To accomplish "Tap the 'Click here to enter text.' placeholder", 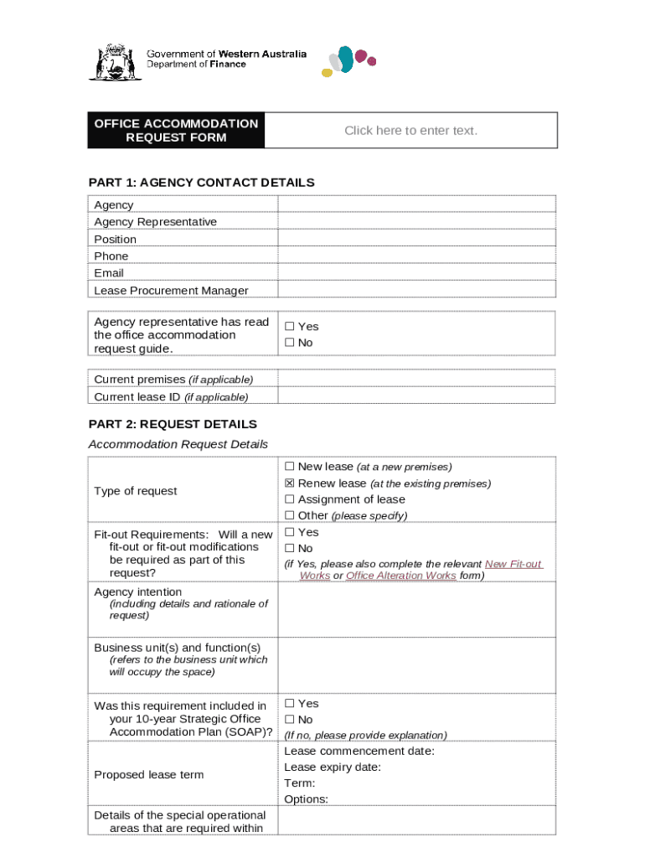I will [410, 131].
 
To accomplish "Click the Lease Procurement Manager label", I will [171, 291].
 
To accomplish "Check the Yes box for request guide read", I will [290, 327].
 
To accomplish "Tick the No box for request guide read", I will [290, 343].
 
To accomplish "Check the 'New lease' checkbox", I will [290, 467].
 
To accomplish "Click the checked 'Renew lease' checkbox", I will [290, 483].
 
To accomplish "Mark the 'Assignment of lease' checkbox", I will [290, 499].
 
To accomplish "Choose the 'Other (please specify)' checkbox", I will [290, 515].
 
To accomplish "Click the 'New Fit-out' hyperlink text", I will [513, 564].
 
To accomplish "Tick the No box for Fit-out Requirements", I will [290, 548].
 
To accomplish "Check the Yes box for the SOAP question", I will [290, 704].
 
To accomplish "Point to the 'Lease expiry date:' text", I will [333, 768].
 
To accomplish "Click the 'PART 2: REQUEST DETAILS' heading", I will [173, 424].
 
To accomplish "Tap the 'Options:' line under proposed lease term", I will [306, 799].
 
